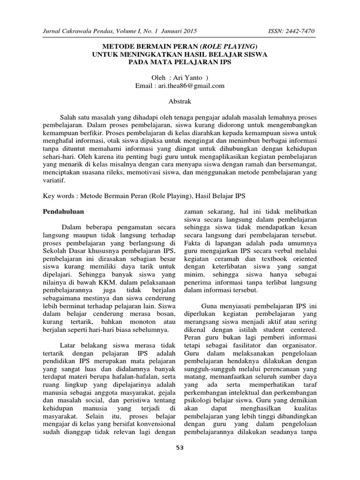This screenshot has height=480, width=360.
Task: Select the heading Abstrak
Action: (x=180, y=101)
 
